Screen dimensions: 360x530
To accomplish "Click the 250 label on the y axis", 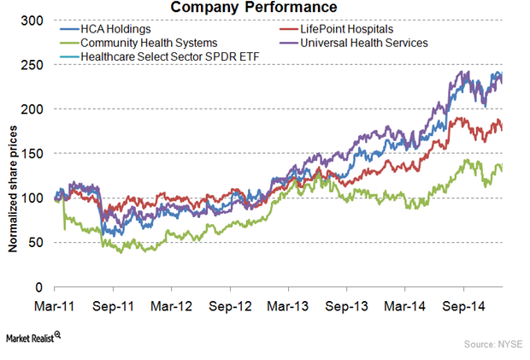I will click(x=37, y=65).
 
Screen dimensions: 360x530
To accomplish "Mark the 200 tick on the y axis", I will click(x=37, y=109).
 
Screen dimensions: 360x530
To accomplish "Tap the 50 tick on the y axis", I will click(x=40, y=243).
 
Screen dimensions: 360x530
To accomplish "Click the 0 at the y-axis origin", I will click(x=44, y=287).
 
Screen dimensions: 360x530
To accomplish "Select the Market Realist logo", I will click(x=34, y=339).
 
